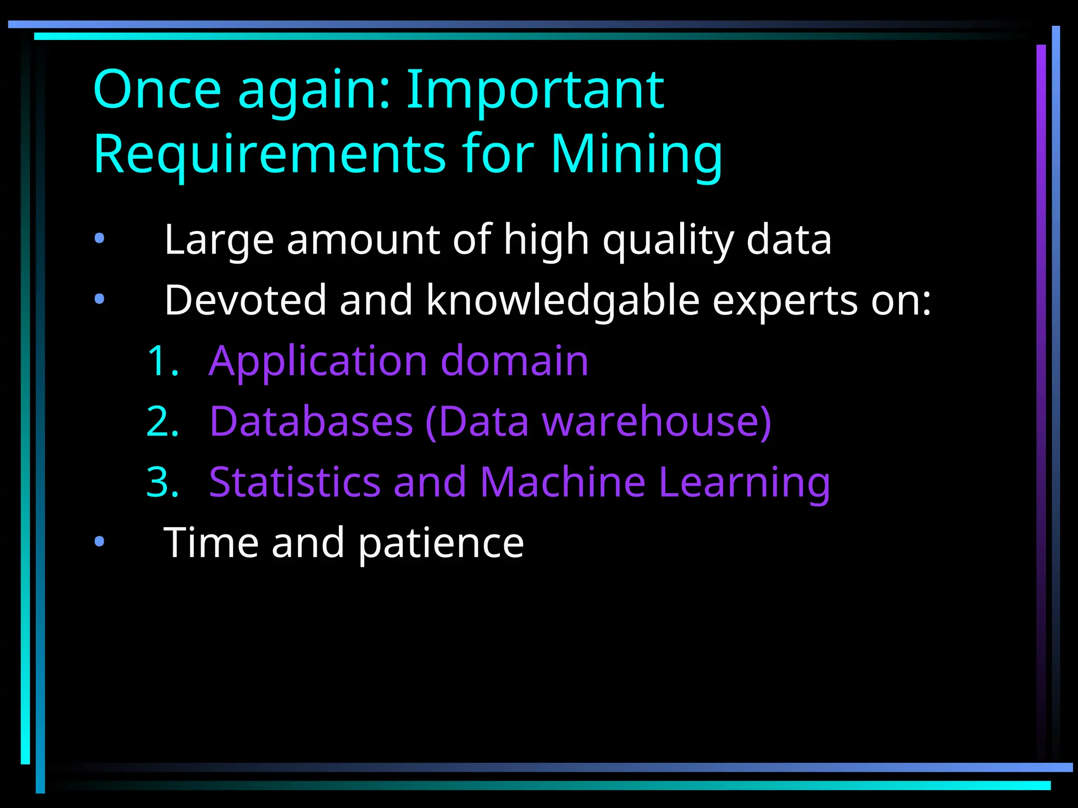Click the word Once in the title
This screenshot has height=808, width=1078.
click(x=157, y=90)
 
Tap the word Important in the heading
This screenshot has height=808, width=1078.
click(x=535, y=90)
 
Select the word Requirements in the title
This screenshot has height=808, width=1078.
click(x=269, y=154)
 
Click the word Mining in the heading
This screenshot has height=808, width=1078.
click(x=636, y=154)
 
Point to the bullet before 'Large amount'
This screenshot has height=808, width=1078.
click(x=99, y=239)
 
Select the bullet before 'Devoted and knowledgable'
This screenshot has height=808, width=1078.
click(x=99, y=300)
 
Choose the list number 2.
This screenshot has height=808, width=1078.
click(x=162, y=422)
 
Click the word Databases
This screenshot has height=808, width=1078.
click(x=311, y=422)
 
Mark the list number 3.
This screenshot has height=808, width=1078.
click(x=162, y=482)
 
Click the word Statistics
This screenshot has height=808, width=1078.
click(x=295, y=482)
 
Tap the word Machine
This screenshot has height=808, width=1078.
click(x=562, y=482)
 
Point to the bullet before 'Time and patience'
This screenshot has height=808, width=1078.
click(x=99, y=542)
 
